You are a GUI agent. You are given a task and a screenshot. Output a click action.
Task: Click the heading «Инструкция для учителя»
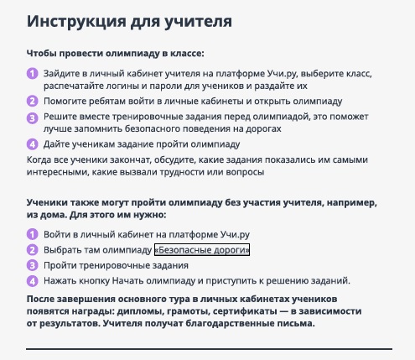[129, 22]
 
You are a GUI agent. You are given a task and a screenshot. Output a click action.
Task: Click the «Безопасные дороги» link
[202, 249]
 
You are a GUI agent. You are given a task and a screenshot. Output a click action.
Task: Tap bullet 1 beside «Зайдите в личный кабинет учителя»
[33, 74]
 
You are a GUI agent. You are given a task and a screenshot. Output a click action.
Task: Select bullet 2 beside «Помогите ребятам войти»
[33, 101]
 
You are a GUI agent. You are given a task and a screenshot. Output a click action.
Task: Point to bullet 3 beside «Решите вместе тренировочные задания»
[33, 117]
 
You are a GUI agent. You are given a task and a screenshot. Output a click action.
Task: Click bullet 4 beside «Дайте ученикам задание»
[33, 144]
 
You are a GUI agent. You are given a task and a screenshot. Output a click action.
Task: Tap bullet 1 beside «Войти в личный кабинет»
[33, 234]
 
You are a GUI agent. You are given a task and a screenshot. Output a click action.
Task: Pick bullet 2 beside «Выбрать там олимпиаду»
[33, 249]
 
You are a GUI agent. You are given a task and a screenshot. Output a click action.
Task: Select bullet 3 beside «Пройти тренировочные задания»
[33, 265]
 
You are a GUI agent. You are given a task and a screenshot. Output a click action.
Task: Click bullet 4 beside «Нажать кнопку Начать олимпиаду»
[33, 280]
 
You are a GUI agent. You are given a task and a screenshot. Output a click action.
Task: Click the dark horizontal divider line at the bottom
[209, 349]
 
